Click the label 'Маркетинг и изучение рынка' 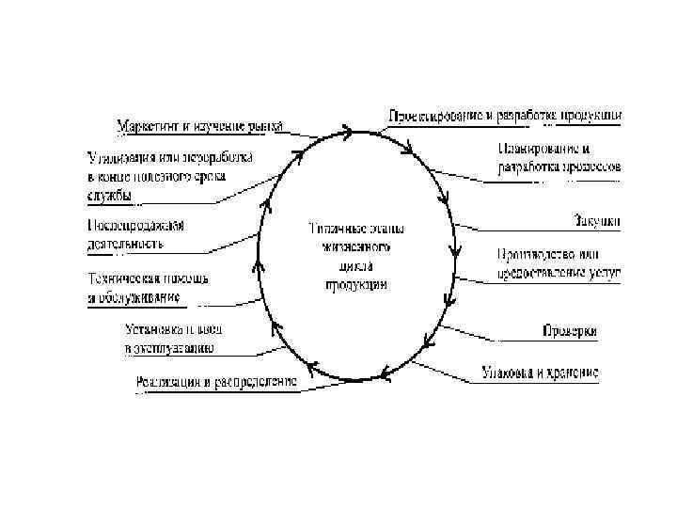tap(199, 125)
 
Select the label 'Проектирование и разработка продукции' tap(504, 116)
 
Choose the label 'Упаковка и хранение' tap(540, 372)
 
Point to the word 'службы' tap(109, 195)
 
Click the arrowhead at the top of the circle tap(350, 133)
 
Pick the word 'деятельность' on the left tap(125, 244)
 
